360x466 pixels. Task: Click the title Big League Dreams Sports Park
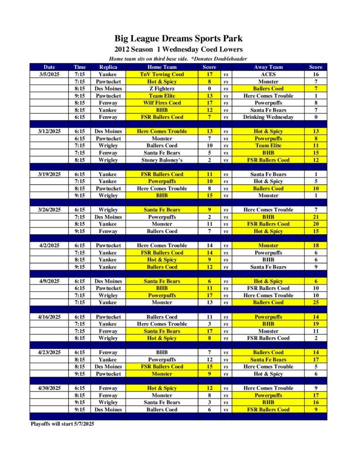pos(178,39)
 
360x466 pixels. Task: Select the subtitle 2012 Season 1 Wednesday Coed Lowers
pos(178,50)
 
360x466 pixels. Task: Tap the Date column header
pos(49,67)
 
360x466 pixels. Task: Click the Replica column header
pos(108,67)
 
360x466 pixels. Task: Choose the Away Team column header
pos(268,67)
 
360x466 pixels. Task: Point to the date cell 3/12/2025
pos(49,131)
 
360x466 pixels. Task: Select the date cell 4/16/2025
pos(49,317)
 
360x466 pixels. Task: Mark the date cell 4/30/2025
pos(49,388)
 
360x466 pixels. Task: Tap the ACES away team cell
pos(268,74)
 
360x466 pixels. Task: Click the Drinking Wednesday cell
pos(268,117)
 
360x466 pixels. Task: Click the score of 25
pos(315,302)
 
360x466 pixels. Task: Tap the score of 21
pos(315,217)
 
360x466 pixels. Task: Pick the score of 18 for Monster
pos(315,245)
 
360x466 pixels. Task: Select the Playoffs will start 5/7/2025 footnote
pos(62,424)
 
